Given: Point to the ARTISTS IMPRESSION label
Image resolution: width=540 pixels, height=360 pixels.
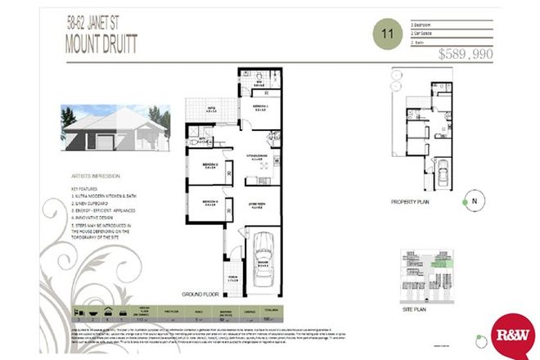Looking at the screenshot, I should click(96, 175).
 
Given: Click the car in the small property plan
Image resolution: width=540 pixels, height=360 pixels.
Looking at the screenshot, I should click(443, 174).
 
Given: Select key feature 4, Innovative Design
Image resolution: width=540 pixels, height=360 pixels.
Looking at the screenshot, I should click(97, 218).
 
